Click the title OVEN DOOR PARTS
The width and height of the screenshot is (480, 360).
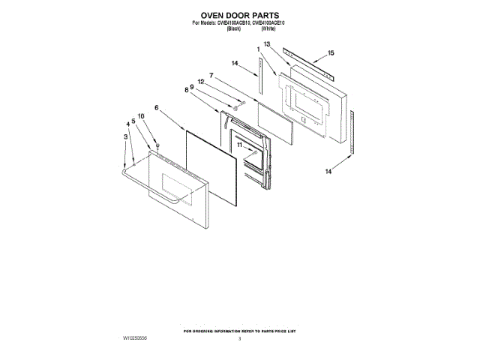(239, 15)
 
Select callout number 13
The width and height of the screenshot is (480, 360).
(266, 46)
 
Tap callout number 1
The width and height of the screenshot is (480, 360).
(259, 50)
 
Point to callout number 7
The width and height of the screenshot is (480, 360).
(212, 76)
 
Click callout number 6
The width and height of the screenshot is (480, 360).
(157, 108)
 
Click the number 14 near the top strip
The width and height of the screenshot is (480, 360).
(235, 64)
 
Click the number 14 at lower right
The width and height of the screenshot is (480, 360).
(328, 172)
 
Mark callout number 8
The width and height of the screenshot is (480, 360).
(186, 90)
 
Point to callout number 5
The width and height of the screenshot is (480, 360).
(133, 121)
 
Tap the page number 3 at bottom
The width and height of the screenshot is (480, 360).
(239, 340)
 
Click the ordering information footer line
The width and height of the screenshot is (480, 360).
(239, 331)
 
